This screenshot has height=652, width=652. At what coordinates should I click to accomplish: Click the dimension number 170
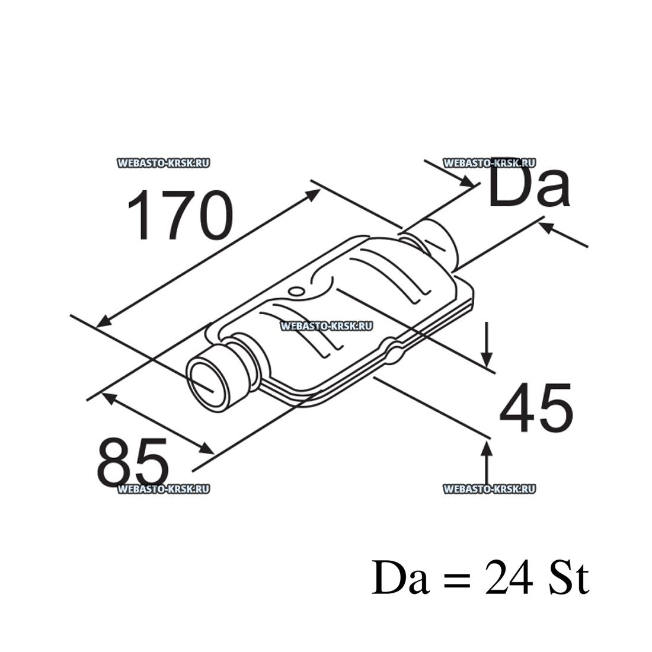[180, 216]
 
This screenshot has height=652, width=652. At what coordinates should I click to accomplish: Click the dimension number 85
[133, 462]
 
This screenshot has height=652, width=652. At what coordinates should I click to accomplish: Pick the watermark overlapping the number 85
[164, 489]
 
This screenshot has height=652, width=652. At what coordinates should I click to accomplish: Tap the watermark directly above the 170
[164, 163]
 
